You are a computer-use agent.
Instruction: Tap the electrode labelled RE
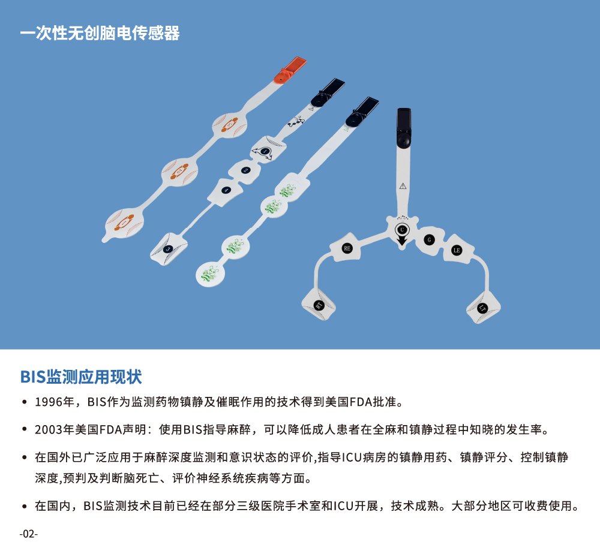coord(347,248)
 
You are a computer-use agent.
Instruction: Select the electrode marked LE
coord(457,249)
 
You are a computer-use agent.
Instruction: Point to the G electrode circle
coord(428,239)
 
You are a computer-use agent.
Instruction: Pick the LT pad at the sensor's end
coord(484,308)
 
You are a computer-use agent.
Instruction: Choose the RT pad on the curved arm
coord(319,305)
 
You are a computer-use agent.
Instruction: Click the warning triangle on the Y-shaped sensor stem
coord(403,185)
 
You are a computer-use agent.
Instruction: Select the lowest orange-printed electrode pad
coord(124,222)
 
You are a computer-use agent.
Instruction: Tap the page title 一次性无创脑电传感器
coord(100,33)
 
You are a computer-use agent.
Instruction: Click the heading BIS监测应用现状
coord(81,377)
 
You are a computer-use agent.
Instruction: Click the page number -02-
coord(28,534)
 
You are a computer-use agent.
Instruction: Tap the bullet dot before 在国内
coord(24,507)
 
